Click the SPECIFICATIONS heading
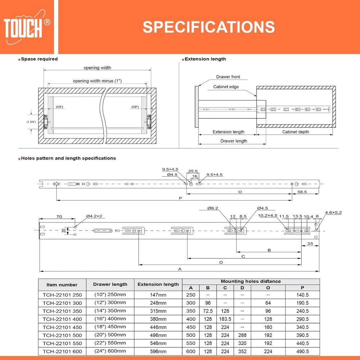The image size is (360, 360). [209, 27]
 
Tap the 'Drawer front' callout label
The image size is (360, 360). [228, 77]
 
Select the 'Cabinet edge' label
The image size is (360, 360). [226, 86]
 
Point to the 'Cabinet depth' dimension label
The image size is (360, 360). [296, 132]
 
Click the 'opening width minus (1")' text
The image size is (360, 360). [97, 81]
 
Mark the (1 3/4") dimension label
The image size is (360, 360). [31, 122]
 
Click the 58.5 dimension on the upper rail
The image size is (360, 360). [302, 192]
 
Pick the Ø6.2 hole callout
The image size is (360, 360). [213, 208]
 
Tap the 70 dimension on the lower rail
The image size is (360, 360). [59, 216]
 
